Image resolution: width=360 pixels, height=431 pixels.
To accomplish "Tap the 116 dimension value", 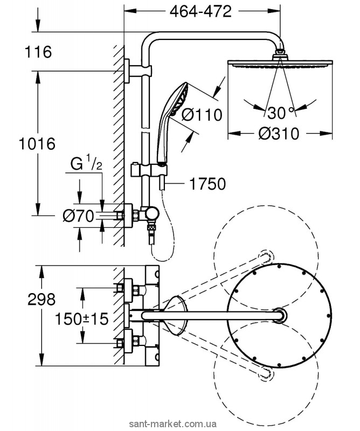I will [x=37, y=52].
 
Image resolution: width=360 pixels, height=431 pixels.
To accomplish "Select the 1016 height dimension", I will [x=37, y=144].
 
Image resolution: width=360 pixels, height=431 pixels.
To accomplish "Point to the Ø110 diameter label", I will [x=202, y=115].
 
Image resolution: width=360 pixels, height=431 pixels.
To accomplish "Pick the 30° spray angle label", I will [x=281, y=113].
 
